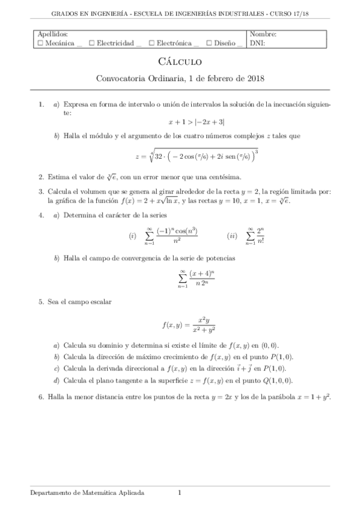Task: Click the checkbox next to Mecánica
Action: point(40,43)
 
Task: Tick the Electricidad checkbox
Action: point(91,43)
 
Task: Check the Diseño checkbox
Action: point(208,43)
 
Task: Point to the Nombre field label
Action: point(263,34)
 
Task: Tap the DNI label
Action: point(257,43)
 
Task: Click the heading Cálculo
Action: point(180,61)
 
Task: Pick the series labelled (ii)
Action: point(255,236)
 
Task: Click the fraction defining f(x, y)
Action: point(204,325)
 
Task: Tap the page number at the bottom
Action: point(179,493)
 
